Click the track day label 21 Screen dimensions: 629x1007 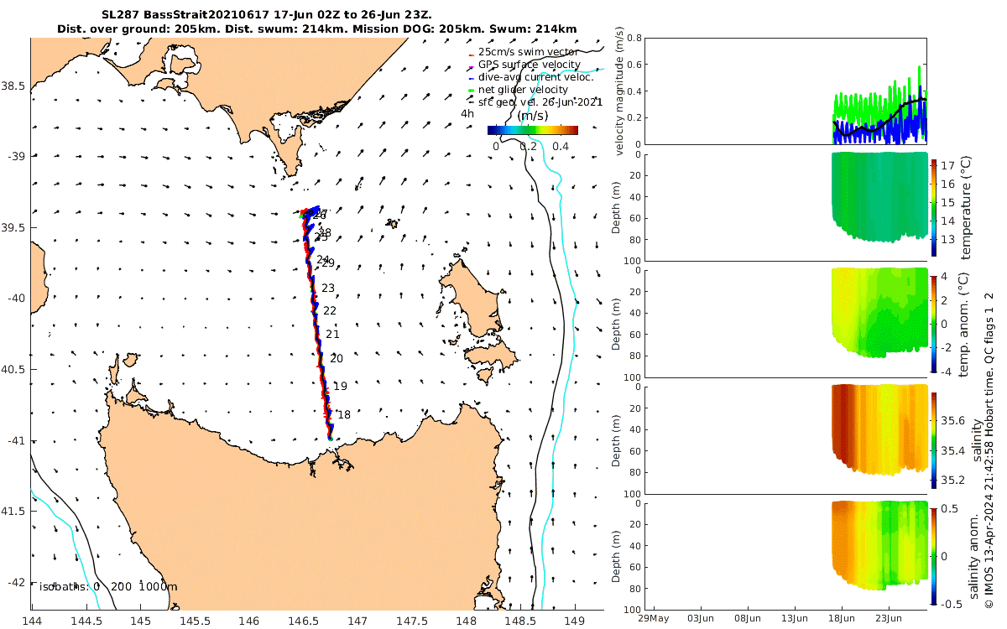pos(332,335)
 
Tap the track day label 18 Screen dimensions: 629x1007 pos(344,414)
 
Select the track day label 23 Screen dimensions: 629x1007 pos(328,289)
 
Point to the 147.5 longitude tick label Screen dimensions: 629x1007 pos(412,621)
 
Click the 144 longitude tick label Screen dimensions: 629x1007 pos(32,621)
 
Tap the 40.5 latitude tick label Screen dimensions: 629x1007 pos(14,369)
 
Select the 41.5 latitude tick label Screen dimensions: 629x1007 pos(14,511)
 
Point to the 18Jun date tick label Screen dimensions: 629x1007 pos(843,619)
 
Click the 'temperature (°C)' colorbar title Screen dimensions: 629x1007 pos(965,205)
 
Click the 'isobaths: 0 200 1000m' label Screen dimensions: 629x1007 pos(107,586)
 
